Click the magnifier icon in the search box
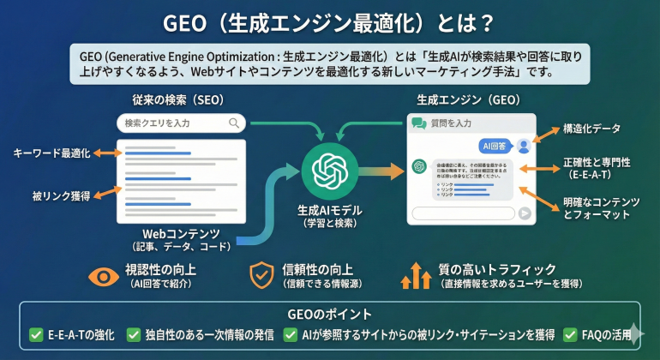[234, 123]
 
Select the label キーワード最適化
[51, 153]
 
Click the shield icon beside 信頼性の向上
[261, 275]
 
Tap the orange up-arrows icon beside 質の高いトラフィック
[416, 275]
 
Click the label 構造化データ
[592, 129]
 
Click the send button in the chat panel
[524, 213]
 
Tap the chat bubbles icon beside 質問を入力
[419, 123]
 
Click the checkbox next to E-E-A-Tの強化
[36, 335]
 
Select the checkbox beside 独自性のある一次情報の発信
[134, 335]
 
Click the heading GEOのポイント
[330, 314]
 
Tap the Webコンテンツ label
[181, 233]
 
